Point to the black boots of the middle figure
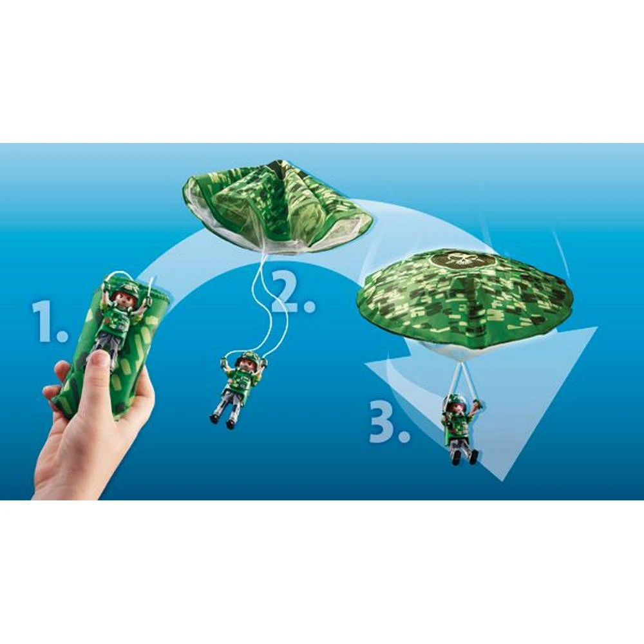[x=222, y=421]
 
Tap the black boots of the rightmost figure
[x=464, y=457]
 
